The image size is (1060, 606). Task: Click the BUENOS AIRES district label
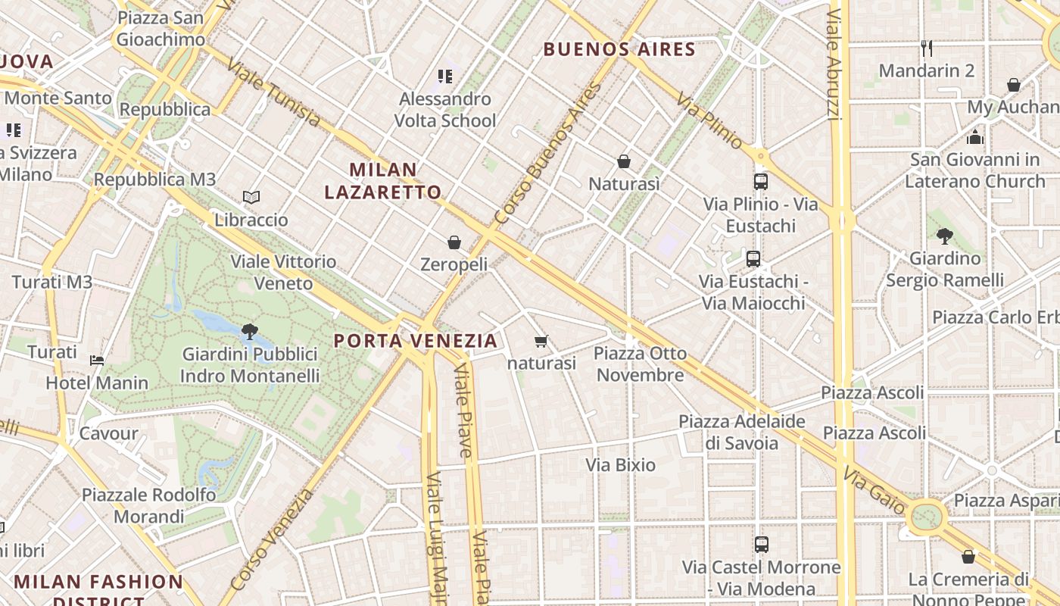[619, 50]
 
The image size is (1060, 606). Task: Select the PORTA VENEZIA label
[416, 341]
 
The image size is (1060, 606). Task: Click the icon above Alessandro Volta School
[445, 76]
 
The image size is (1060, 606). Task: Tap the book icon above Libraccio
[251, 198]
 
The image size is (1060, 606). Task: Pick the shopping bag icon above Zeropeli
[454, 242]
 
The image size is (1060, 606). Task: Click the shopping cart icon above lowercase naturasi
[541, 342]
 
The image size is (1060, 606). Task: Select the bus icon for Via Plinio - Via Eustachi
[761, 182]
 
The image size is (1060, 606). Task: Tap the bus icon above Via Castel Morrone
[762, 545]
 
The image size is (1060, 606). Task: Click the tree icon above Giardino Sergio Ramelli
[944, 236]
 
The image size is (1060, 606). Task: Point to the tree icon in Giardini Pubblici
[249, 331]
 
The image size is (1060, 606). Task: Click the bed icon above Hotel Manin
[97, 360]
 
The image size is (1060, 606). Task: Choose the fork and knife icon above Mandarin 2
[927, 48]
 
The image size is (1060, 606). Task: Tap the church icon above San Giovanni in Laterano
[975, 137]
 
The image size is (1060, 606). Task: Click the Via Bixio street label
[621, 465]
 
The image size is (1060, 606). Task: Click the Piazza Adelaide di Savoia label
[742, 432]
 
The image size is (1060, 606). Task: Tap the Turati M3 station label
[52, 283]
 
